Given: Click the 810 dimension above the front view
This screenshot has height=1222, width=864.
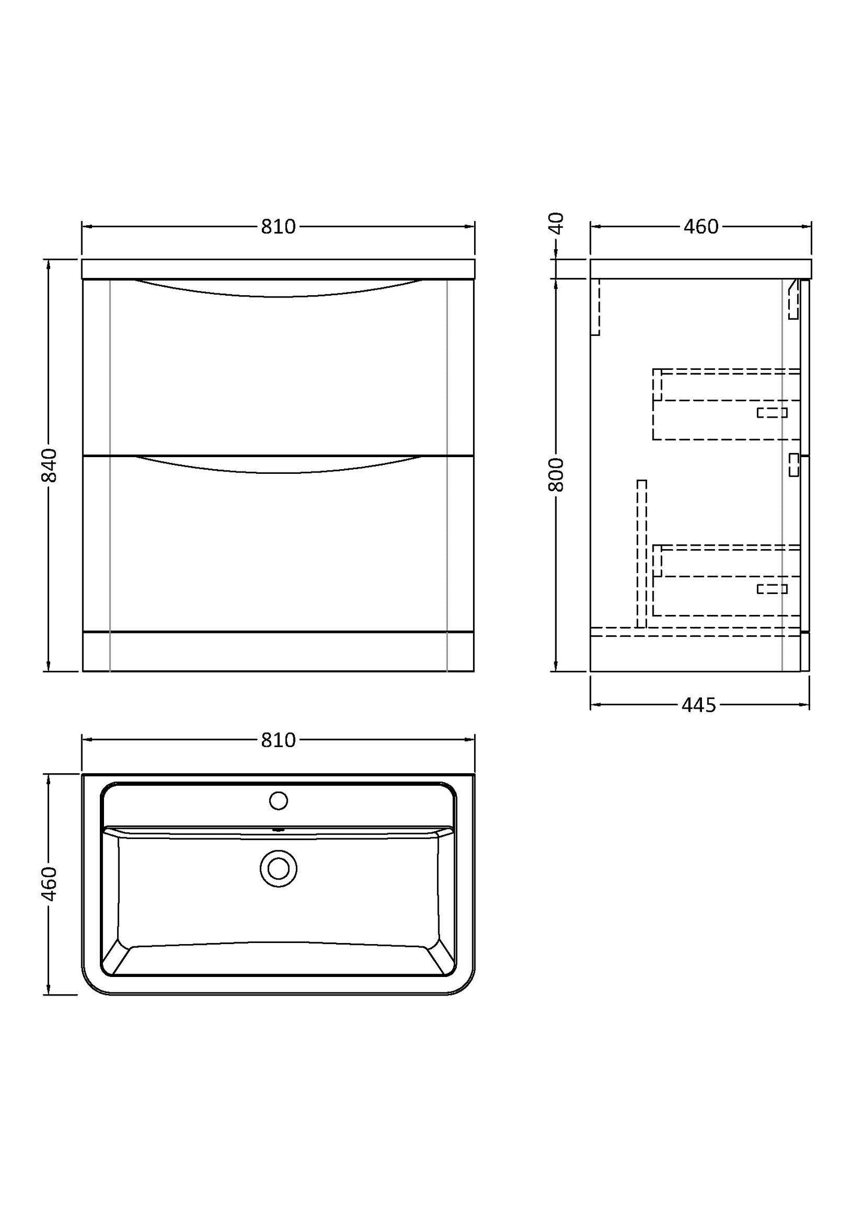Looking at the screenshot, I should [278, 227].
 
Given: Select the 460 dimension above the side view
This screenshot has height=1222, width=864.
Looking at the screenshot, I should [701, 227].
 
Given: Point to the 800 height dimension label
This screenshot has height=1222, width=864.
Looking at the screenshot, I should [556, 475].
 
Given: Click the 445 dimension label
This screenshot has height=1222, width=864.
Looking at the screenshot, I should [698, 706].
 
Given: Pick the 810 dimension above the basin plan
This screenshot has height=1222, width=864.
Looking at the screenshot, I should [278, 740].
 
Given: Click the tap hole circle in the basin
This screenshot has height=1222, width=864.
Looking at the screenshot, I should [279, 801].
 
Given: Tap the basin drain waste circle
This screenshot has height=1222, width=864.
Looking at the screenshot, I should [279, 868].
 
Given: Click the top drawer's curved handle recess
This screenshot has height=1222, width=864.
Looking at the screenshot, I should [278, 289].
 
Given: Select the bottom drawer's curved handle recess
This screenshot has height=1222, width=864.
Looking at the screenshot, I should [278, 465].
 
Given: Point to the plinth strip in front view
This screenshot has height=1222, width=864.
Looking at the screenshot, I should [278, 651].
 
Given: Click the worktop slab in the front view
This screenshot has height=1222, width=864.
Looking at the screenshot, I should [278, 269].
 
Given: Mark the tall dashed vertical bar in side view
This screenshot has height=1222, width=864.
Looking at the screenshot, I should [642, 554].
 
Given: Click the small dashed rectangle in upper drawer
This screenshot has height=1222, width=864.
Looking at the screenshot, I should [772, 412].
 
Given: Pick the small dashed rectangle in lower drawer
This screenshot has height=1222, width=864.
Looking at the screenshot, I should [772, 589].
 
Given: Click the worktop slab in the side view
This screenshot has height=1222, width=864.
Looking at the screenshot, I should [701, 269].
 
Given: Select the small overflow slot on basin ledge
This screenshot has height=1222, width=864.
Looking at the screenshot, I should [279, 829].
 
